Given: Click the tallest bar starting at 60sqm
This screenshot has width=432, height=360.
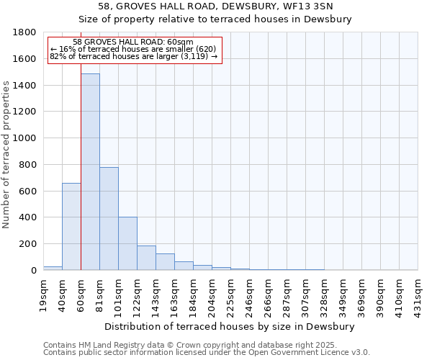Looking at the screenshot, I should pyautogui.click(x=90, y=173).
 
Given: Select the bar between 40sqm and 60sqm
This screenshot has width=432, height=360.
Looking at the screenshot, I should pyautogui.click(x=71, y=227).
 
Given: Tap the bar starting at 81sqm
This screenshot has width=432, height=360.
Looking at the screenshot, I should pyautogui.click(x=109, y=219).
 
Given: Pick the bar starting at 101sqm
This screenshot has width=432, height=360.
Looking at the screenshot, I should pyautogui.click(x=127, y=244).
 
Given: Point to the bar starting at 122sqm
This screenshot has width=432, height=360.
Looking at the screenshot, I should pyautogui.click(x=146, y=258).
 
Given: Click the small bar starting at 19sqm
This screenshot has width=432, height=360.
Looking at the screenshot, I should pyautogui.click(x=53, y=268).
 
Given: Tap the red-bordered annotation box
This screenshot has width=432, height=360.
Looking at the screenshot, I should pyautogui.click(x=135, y=50).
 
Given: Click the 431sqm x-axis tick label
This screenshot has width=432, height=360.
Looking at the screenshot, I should pyautogui.click(x=418, y=294).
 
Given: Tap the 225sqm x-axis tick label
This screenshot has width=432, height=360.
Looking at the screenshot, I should pyautogui.click(x=231, y=294).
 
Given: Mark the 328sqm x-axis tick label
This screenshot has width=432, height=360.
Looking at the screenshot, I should pyautogui.click(x=325, y=294).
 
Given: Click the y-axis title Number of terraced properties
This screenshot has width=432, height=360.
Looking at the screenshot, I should pyautogui.click(x=7, y=155).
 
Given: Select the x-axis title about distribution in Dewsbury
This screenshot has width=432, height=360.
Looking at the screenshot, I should pyautogui.click(x=230, y=326).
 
